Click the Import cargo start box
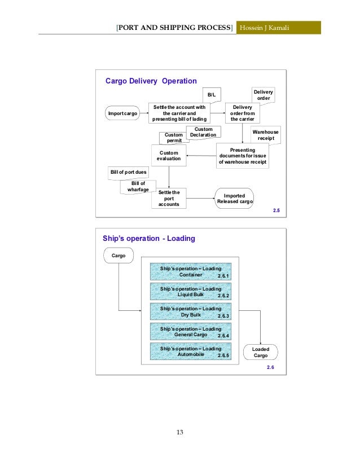(122, 114)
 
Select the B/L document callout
(212, 95)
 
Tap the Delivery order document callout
(262, 95)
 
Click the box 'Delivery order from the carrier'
(242, 113)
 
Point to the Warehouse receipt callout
(265, 135)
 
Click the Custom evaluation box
(169, 156)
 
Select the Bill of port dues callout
(128, 171)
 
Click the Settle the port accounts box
(169, 199)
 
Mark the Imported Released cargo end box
(234, 198)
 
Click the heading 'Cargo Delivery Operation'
(151, 81)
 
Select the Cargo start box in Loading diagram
(118, 256)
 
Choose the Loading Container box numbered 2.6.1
(191, 272)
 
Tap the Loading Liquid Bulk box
(191, 292)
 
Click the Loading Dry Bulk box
(191, 312)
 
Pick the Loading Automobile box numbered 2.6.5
(191, 352)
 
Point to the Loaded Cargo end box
(260, 352)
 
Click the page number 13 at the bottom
(180, 432)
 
